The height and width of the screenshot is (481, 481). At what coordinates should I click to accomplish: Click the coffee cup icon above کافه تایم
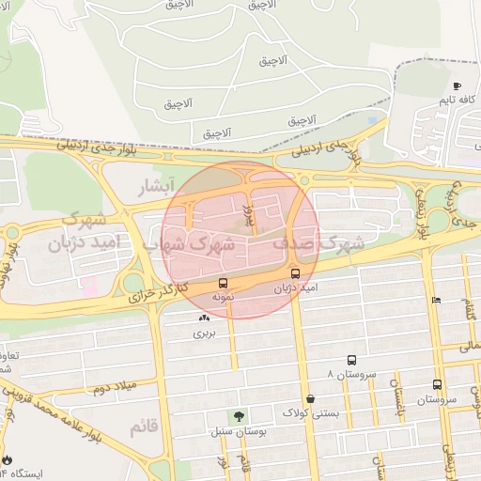(458, 85)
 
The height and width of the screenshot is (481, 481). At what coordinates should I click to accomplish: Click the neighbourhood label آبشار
(156, 185)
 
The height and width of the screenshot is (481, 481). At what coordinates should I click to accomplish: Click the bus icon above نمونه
(223, 283)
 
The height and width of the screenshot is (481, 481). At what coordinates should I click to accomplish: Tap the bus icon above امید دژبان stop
(296, 275)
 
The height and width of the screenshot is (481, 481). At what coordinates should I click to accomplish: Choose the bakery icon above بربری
(204, 319)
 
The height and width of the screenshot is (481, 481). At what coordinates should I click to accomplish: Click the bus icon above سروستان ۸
(351, 360)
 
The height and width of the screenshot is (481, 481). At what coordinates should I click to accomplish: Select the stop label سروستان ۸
(350, 374)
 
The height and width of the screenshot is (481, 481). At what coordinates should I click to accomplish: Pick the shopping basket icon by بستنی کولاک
(310, 398)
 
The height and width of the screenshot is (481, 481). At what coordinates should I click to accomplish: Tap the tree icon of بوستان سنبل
(239, 415)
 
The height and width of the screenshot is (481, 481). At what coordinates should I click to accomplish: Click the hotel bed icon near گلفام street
(435, 300)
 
